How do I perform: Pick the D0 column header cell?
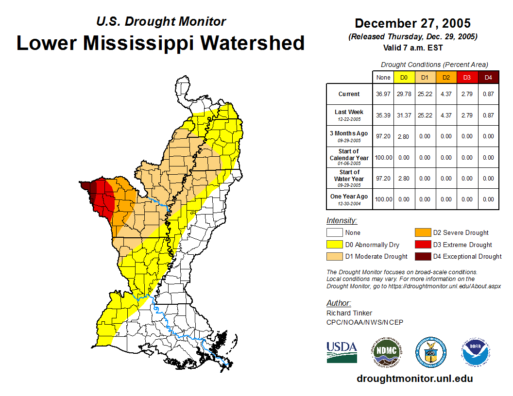coord(404,77)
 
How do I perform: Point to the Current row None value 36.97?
coord(383,94)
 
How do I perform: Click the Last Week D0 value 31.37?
coord(404,115)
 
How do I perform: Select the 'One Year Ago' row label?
coord(349,197)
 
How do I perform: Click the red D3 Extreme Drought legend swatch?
coord(422,245)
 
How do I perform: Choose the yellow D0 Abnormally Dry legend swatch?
coord(334,245)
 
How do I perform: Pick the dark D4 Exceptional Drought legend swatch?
coord(422,256)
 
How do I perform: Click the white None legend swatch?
coord(334,233)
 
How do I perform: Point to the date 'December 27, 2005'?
coord(412,23)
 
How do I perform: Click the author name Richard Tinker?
coord(349,313)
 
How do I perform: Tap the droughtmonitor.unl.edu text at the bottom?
coord(414,379)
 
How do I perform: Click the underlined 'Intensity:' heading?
coord(342,221)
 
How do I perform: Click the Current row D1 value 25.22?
coord(425,94)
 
